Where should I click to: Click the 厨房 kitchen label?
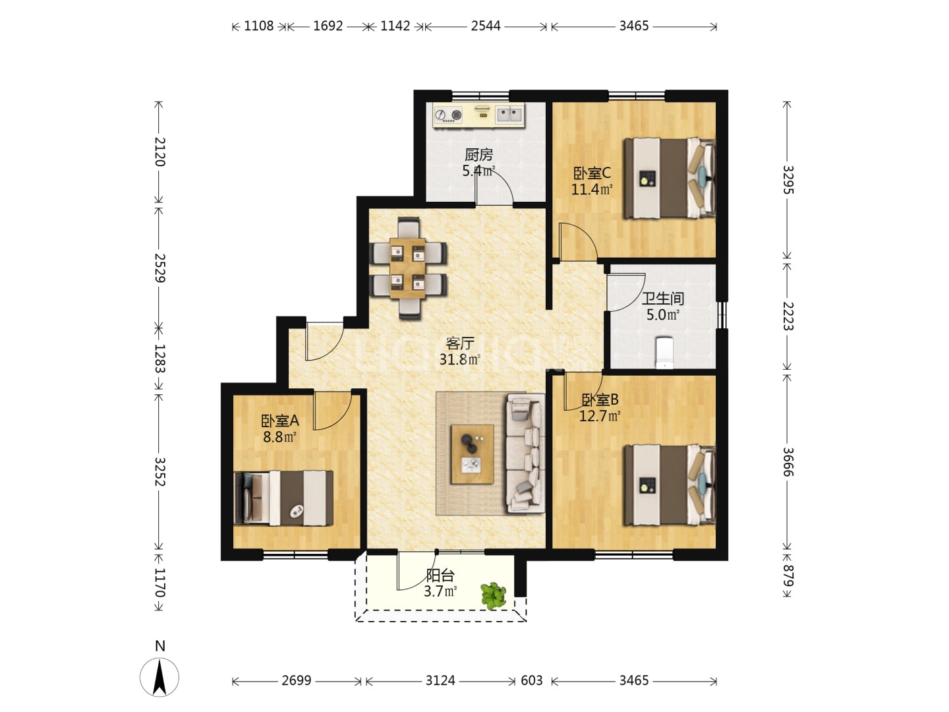478,154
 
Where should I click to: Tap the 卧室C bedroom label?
592,173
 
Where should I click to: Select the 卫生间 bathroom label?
663,298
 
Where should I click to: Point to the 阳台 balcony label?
440,576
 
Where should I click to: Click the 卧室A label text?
279,420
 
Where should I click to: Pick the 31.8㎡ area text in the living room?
459,359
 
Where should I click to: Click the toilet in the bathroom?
664,353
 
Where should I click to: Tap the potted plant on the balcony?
494,596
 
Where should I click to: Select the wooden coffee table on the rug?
472,454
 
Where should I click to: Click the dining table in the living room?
407,268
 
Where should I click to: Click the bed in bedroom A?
283,498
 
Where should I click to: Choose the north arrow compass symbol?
159,677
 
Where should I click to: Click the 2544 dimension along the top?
486,26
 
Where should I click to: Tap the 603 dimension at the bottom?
531,680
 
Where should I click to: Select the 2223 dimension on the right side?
788,316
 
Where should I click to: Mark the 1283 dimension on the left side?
159,358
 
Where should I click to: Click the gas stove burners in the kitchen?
448,115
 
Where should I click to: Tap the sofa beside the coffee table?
525,454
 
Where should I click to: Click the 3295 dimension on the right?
788,180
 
